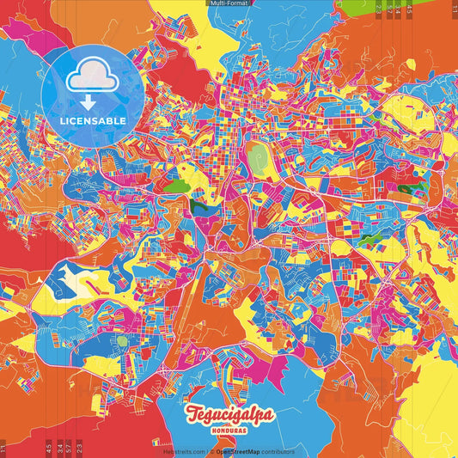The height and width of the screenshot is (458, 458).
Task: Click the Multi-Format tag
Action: [x=229, y=3]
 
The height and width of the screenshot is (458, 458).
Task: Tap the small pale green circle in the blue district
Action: [x=122, y=340]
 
